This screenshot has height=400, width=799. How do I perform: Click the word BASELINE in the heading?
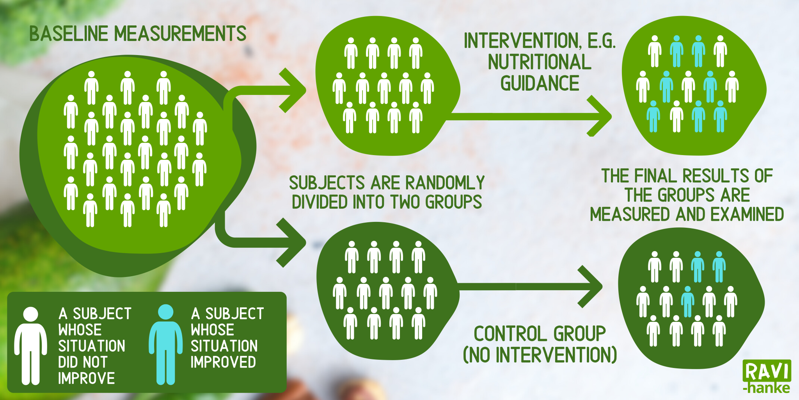pos(69,34)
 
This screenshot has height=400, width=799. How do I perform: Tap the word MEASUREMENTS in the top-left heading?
pos(180,34)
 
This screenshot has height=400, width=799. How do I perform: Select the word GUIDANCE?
pos(540,84)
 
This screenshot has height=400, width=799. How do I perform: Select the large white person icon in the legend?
pos(30,346)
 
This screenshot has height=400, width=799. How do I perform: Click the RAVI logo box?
pos(767,371)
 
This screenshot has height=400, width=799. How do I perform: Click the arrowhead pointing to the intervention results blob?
pos(601,116)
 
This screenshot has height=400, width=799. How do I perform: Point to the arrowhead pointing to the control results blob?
pos(591,287)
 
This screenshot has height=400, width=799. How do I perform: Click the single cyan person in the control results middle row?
pos(687,302)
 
